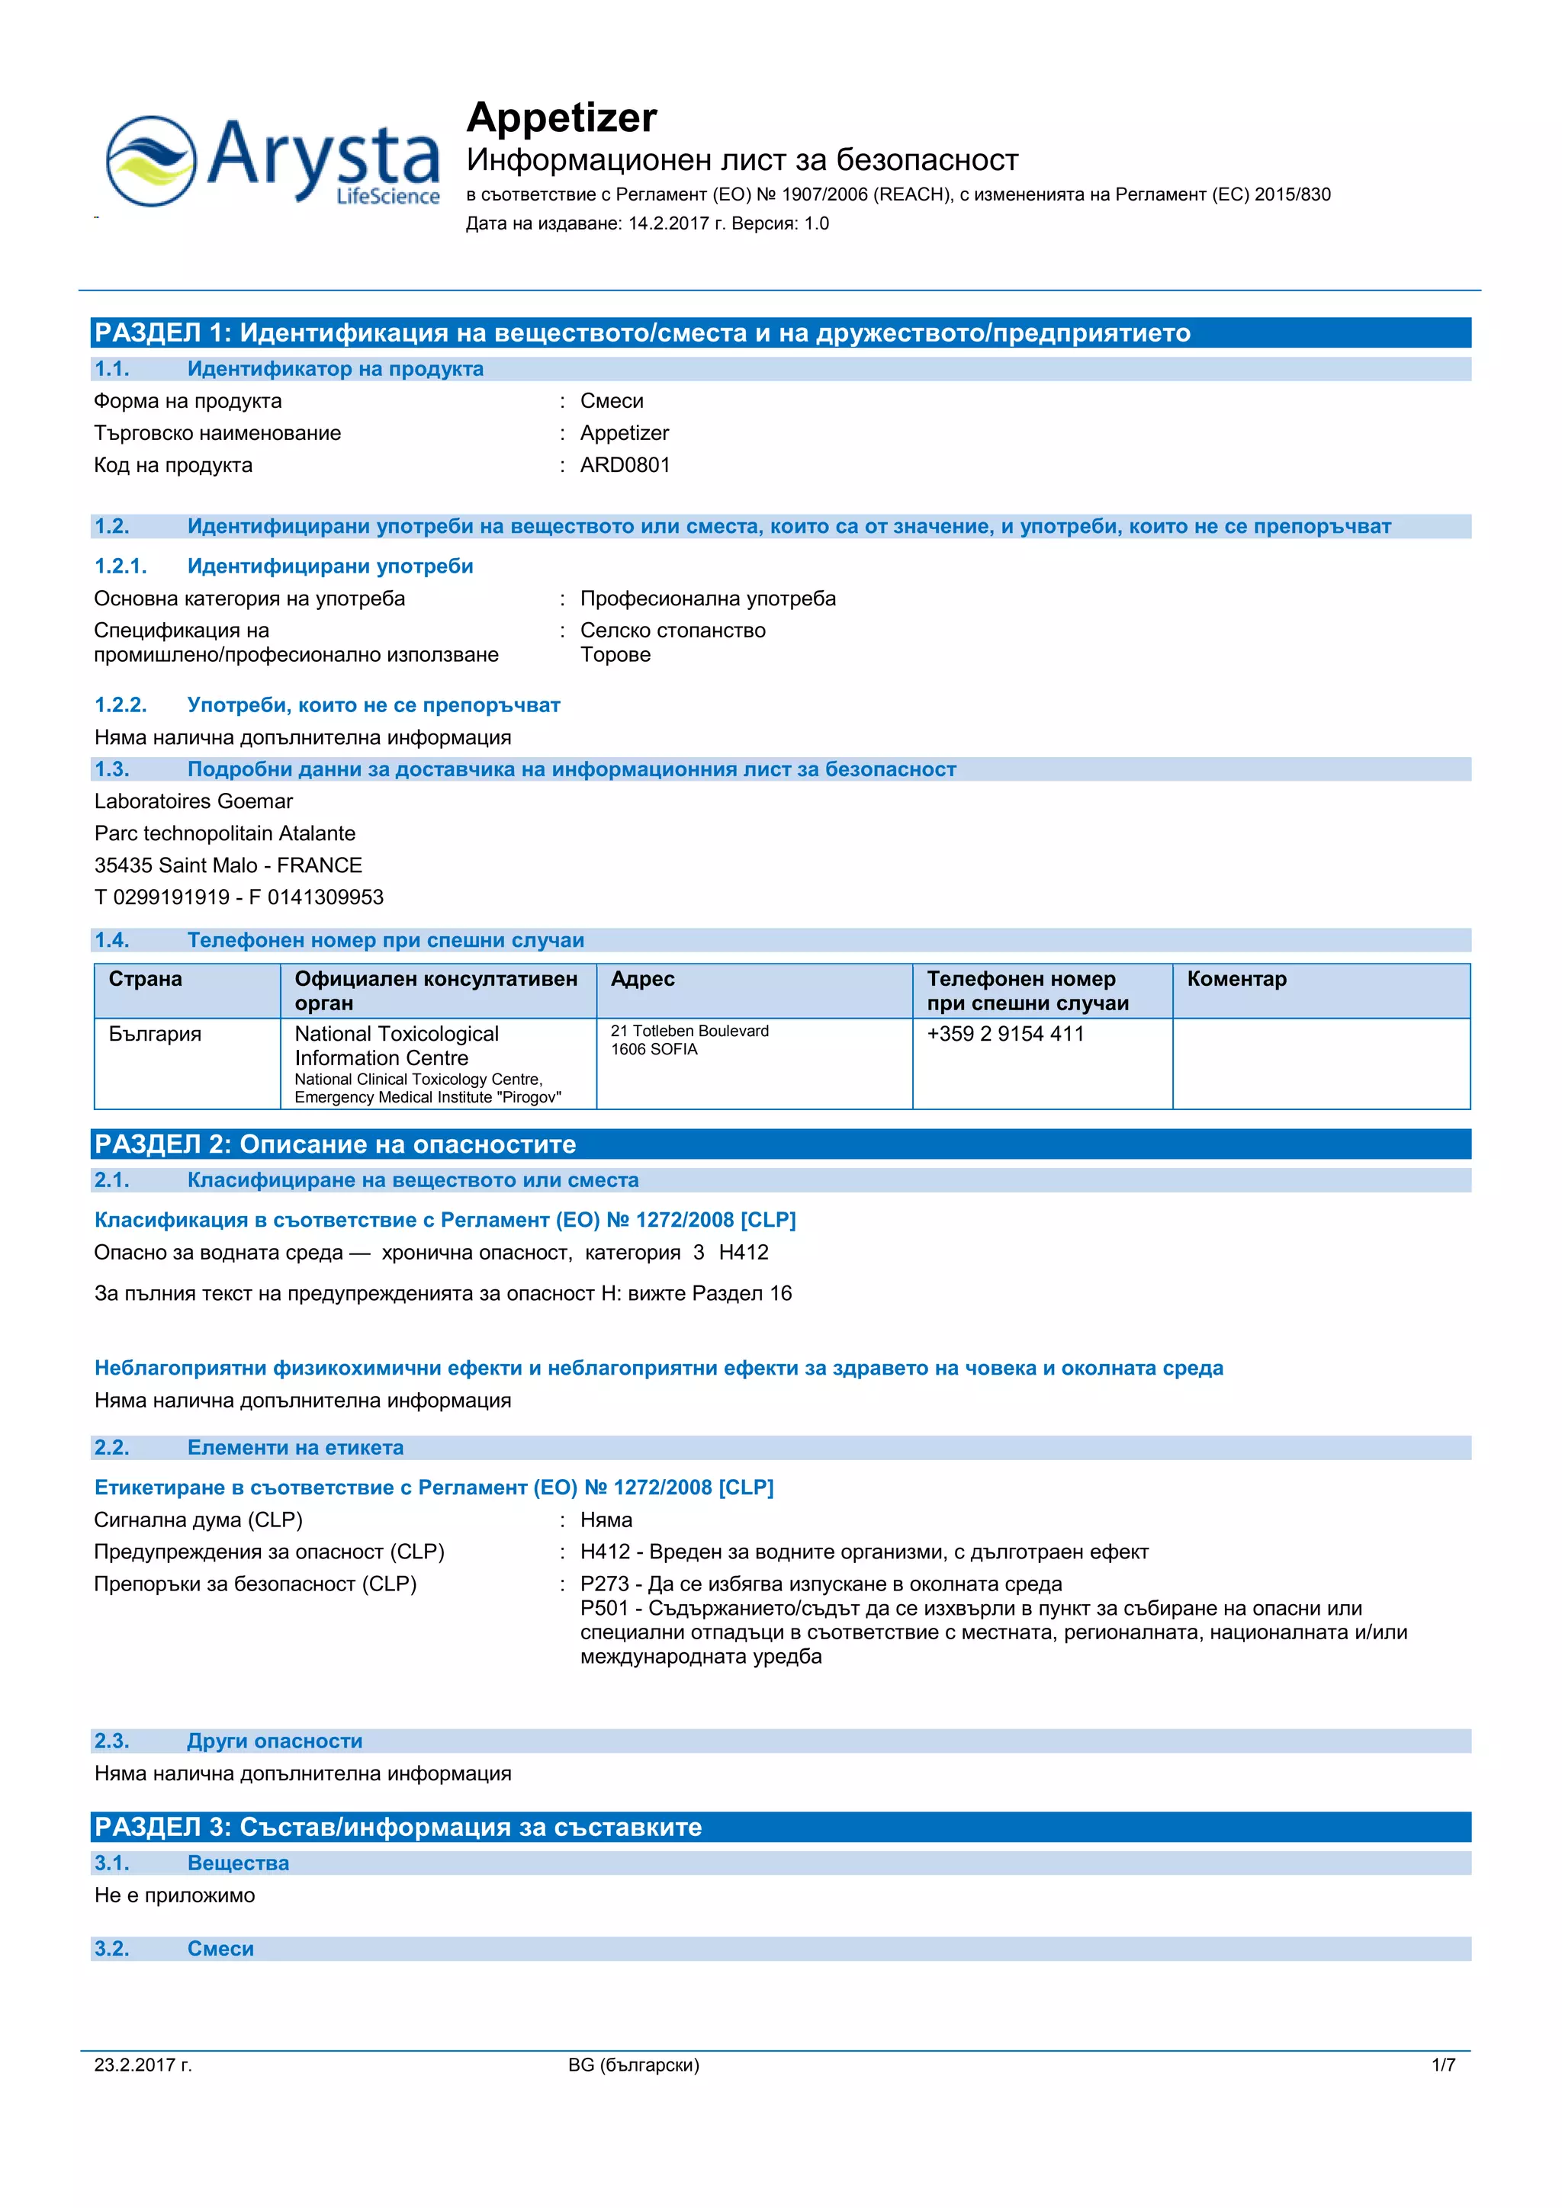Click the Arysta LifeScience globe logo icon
tap(151, 161)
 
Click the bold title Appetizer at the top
tap(561, 117)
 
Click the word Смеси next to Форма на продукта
tap(612, 401)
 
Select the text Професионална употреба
tap(707, 599)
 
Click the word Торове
tap(615, 655)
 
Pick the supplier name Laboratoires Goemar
tap(193, 802)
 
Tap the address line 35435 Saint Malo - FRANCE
tap(228, 865)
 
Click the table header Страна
tap(145, 979)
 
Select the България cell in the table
tap(155, 1035)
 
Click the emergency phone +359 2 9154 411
tap(1004, 1035)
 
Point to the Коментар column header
tap(1236, 979)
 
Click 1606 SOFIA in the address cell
tap(654, 1049)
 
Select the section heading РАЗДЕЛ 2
tap(162, 1144)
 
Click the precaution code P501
tap(604, 1608)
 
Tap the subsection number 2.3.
tap(111, 1741)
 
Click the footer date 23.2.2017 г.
tap(143, 2065)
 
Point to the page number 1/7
tap(1443, 2065)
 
